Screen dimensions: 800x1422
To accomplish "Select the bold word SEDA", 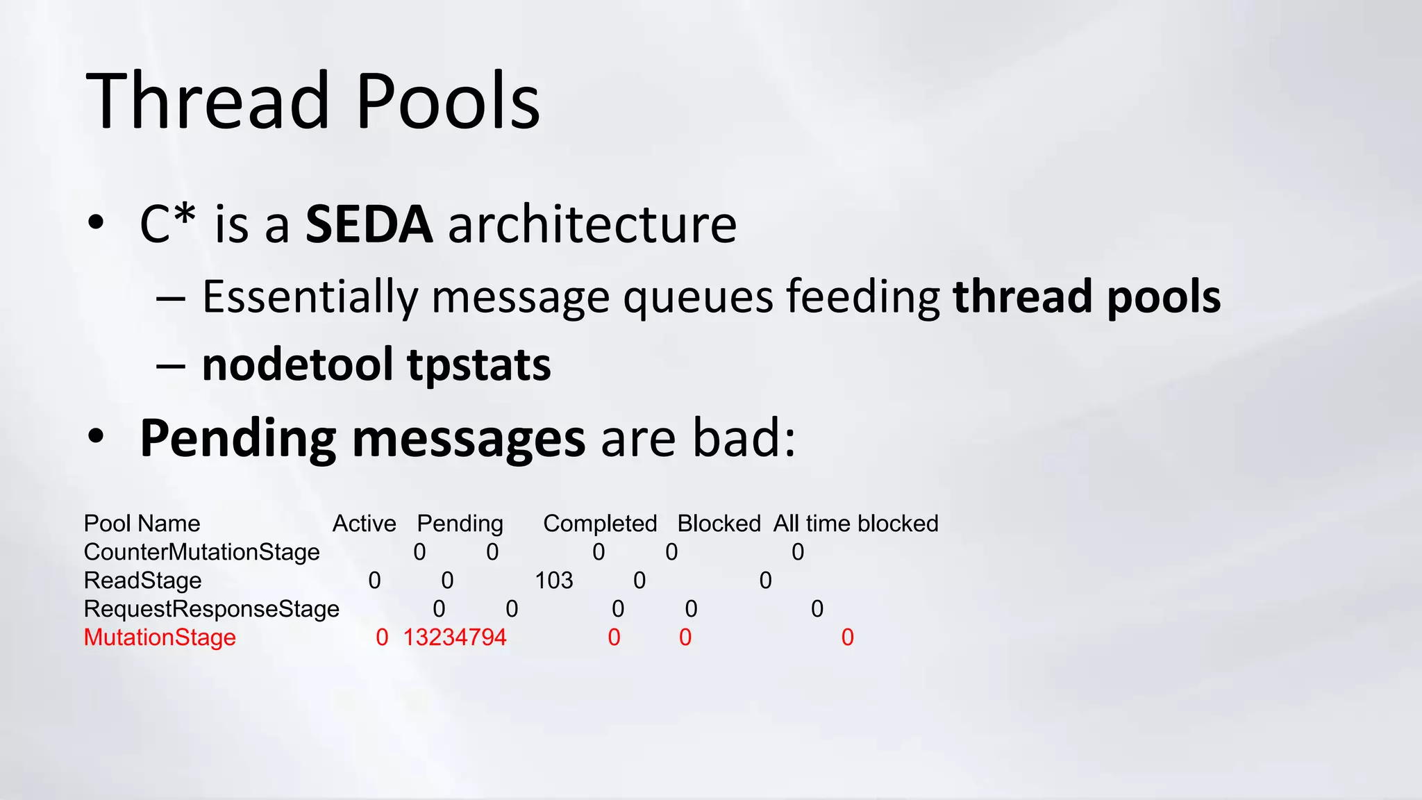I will tap(369, 224).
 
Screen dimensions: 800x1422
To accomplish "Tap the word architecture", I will tap(592, 224).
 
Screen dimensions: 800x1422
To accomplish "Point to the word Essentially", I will tap(310, 297).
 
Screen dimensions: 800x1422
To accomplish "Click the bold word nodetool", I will tap(298, 365).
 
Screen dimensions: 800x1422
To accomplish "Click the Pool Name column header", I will tap(142, 524).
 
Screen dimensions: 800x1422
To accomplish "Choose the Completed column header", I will tap(600, 524).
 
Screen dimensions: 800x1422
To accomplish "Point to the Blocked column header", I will tap(719, 524).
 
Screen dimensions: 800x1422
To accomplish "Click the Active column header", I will tap(364, 524).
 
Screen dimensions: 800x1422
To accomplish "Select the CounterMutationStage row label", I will tap(201, 552).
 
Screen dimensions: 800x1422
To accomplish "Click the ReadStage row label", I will tap(142, 581).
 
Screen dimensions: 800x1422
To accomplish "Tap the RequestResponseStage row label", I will tap(211, 609).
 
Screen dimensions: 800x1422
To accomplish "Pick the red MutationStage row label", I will tap(160, 637).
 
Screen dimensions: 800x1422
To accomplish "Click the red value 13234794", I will tap(455, 637).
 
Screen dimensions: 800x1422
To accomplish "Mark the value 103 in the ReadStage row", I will tap(553, 581).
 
